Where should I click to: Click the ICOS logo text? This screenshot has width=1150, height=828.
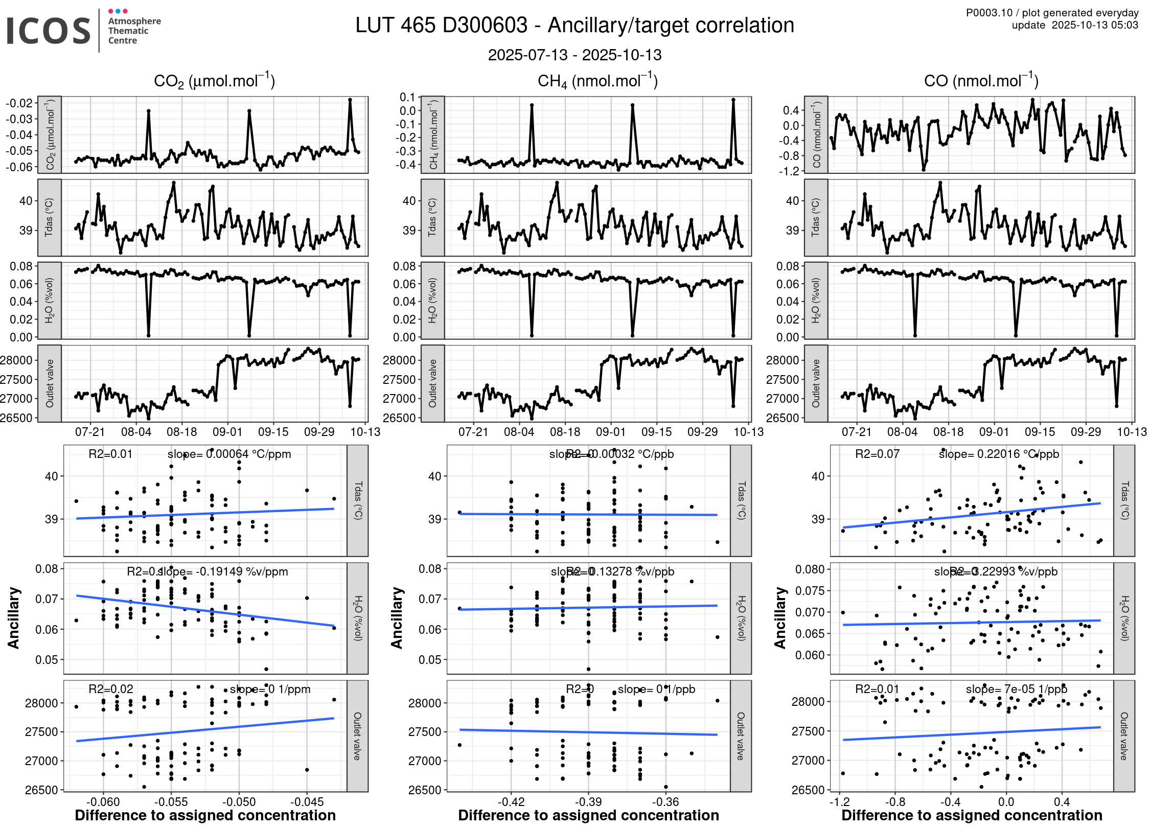pos(49,31)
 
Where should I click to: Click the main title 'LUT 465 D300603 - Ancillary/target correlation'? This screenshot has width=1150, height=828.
pos(574,26)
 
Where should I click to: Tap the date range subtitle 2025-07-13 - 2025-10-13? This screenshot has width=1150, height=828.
pos(574,55)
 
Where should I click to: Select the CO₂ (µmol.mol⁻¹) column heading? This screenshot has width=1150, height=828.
pos(214,81)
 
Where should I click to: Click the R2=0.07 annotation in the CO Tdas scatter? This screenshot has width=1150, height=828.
pos(877,454)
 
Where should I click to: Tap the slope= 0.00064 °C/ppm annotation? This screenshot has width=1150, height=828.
pos(229,454)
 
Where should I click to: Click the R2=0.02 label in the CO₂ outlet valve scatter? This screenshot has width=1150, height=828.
pos(110,689)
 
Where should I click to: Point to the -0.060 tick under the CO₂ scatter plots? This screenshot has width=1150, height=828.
pos(103,801)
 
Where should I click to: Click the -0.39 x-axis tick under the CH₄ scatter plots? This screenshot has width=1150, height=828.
pos(588,801)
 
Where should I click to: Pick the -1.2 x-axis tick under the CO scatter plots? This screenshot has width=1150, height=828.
pos(839,801)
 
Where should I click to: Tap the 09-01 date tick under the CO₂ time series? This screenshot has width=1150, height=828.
pos(227,432)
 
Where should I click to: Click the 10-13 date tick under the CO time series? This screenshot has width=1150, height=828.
pos(1132,432)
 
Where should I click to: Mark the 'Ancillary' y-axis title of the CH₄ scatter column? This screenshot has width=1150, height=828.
pos(397,618)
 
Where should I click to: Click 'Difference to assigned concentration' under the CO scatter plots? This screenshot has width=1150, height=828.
pos(972,815)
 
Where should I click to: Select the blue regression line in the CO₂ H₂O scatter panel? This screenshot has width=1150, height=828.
pos(204,610)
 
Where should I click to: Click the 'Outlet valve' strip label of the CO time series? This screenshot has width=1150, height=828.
pos(816,383)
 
